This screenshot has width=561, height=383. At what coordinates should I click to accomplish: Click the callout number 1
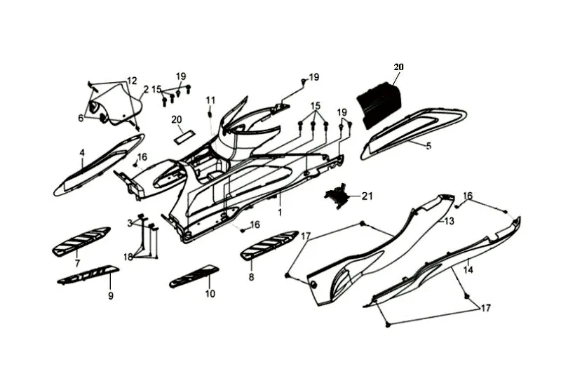pyautogui.click(x=280, y=212)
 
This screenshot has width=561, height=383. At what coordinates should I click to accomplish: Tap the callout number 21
pyautogui.click(x=367, y=196)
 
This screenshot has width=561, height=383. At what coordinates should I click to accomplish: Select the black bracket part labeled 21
pyautogui.click(x=339, y=196)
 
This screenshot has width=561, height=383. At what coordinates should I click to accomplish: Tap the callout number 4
pyautogui.click(x=82, y=152)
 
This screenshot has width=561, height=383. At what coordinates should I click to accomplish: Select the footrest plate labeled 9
pyautogui.click(x=88, y=274)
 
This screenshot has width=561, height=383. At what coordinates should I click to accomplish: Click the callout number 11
pyautogui.click(x=210, y=100)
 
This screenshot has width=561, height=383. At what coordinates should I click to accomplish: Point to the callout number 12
pyautogui.click(x=132, y=80)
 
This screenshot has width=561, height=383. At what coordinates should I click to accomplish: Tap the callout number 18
pyautogui.click(x=128, y=257)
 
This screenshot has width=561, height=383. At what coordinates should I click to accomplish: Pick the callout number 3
pyautogui.click(x=130, y=222)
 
